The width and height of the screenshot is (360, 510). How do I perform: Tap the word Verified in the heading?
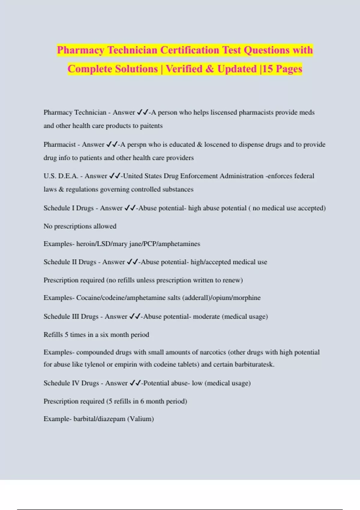pyautogui.click(x=184, y=69)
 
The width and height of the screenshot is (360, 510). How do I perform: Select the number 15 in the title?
pyautogui.click(x=268, y=69)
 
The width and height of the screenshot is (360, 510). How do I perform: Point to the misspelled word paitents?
pyautogui.click(x=151, y=126)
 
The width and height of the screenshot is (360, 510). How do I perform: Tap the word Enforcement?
pyautogui.click(x=199, y=176)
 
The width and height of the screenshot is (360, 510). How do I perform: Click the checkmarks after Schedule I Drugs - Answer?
pyautogui.click(x=130, y=208)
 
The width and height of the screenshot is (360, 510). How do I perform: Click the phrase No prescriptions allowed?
pyautogui.click(x=80, y=226)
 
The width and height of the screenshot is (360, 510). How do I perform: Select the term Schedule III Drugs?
pyautogui.click(x=71, y=316)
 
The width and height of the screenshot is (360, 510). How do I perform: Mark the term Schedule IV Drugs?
pyautogui.click(x=71, y=383)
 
